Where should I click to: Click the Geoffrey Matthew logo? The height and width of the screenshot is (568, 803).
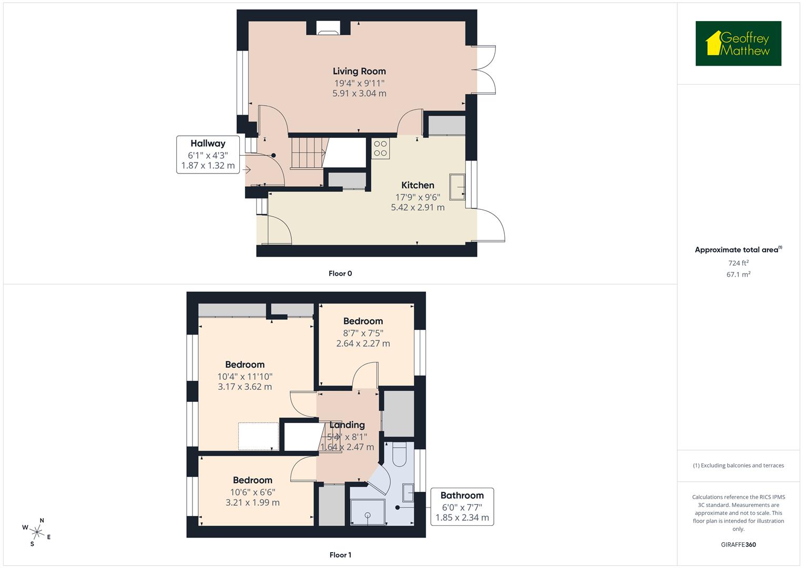(738, 44)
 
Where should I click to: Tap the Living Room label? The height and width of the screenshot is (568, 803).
(359, 71)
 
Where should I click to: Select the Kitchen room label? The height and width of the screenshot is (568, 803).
(418, 185)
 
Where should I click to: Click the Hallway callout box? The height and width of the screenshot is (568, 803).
(208, 154)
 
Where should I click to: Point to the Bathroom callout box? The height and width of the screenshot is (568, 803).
(462, 506)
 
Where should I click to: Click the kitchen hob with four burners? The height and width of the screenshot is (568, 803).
(380, 148)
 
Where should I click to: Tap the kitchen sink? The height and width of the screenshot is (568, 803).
(457, 187)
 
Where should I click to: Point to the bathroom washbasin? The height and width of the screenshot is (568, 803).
(409, 493)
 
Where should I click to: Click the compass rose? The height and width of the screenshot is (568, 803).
(36, 532)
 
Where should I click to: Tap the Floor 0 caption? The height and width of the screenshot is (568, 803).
(340, 273)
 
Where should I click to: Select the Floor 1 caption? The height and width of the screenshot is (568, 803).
(340, 555)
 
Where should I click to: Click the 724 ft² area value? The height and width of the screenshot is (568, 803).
(738, 263)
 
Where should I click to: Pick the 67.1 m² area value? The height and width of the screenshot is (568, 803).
(738, 274)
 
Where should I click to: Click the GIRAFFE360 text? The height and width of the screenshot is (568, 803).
(738, 544)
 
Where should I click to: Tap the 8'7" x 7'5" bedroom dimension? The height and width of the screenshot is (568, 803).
(363, 332)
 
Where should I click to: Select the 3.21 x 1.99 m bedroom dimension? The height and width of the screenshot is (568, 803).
(252, 502)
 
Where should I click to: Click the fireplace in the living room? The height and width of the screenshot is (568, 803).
(329, 29)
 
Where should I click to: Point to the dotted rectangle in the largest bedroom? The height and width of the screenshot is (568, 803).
(258, 436)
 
